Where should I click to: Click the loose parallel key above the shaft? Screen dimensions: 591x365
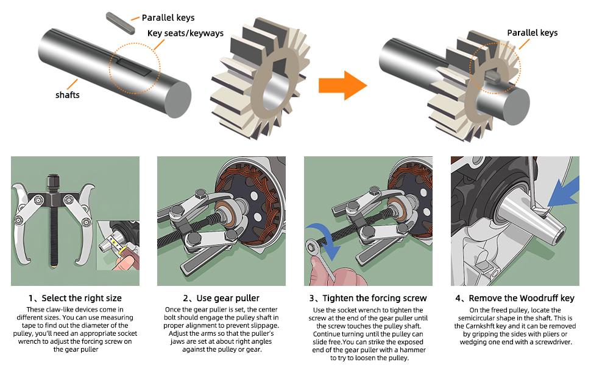[x=120, y=23]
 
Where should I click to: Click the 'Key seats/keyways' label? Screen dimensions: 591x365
[x=185, y=33]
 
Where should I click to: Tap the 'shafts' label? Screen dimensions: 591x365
[x=68, y=95]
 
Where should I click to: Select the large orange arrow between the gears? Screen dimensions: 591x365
[x=342, y=85]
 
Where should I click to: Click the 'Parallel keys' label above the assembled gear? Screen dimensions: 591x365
[x=532, y=33]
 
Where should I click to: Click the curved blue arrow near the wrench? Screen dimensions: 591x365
[x=325, y=238]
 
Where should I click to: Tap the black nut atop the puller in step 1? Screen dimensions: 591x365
[x=53, y=183]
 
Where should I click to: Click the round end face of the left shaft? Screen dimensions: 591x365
[x=178, y=100]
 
